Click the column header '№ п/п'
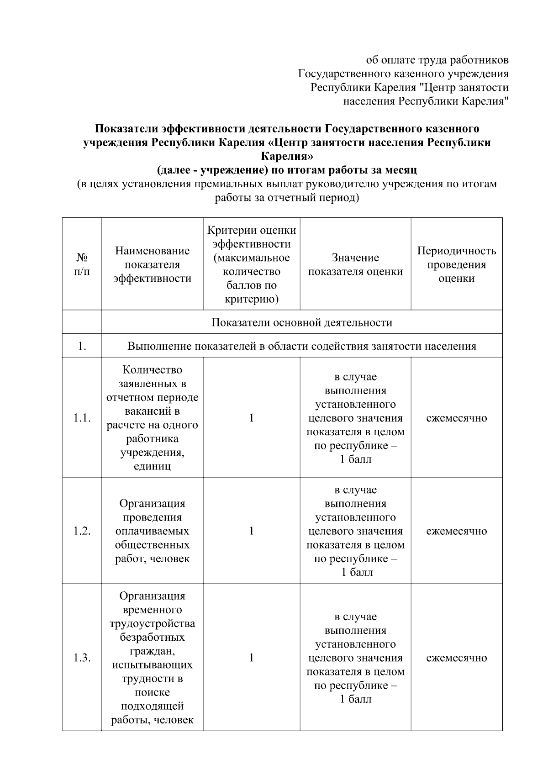(x=82, y=264)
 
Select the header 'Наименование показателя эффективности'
(x=152, y=264)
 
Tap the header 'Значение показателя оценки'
(x=355, y=264)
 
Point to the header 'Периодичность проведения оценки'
(x=456, y=264)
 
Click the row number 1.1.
(x=82, y=418)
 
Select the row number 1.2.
(x=82, y=531)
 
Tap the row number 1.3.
(x=82, y=658)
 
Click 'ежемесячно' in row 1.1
(x=456, y=418)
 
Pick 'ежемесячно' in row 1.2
(x=456, y=531)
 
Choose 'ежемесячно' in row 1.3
(x=456, y=658)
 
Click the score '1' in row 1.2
(x=251, y=531)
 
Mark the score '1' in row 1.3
(x=251, y=658)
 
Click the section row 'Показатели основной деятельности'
(x=301, y=322)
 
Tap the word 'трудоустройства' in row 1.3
(x=152, y=623)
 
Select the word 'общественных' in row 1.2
(x=152, y=545)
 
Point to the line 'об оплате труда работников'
(x=437, y=60)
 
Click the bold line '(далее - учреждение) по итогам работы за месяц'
(x=287, y=170)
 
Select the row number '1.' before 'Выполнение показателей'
(x=82, y=346)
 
